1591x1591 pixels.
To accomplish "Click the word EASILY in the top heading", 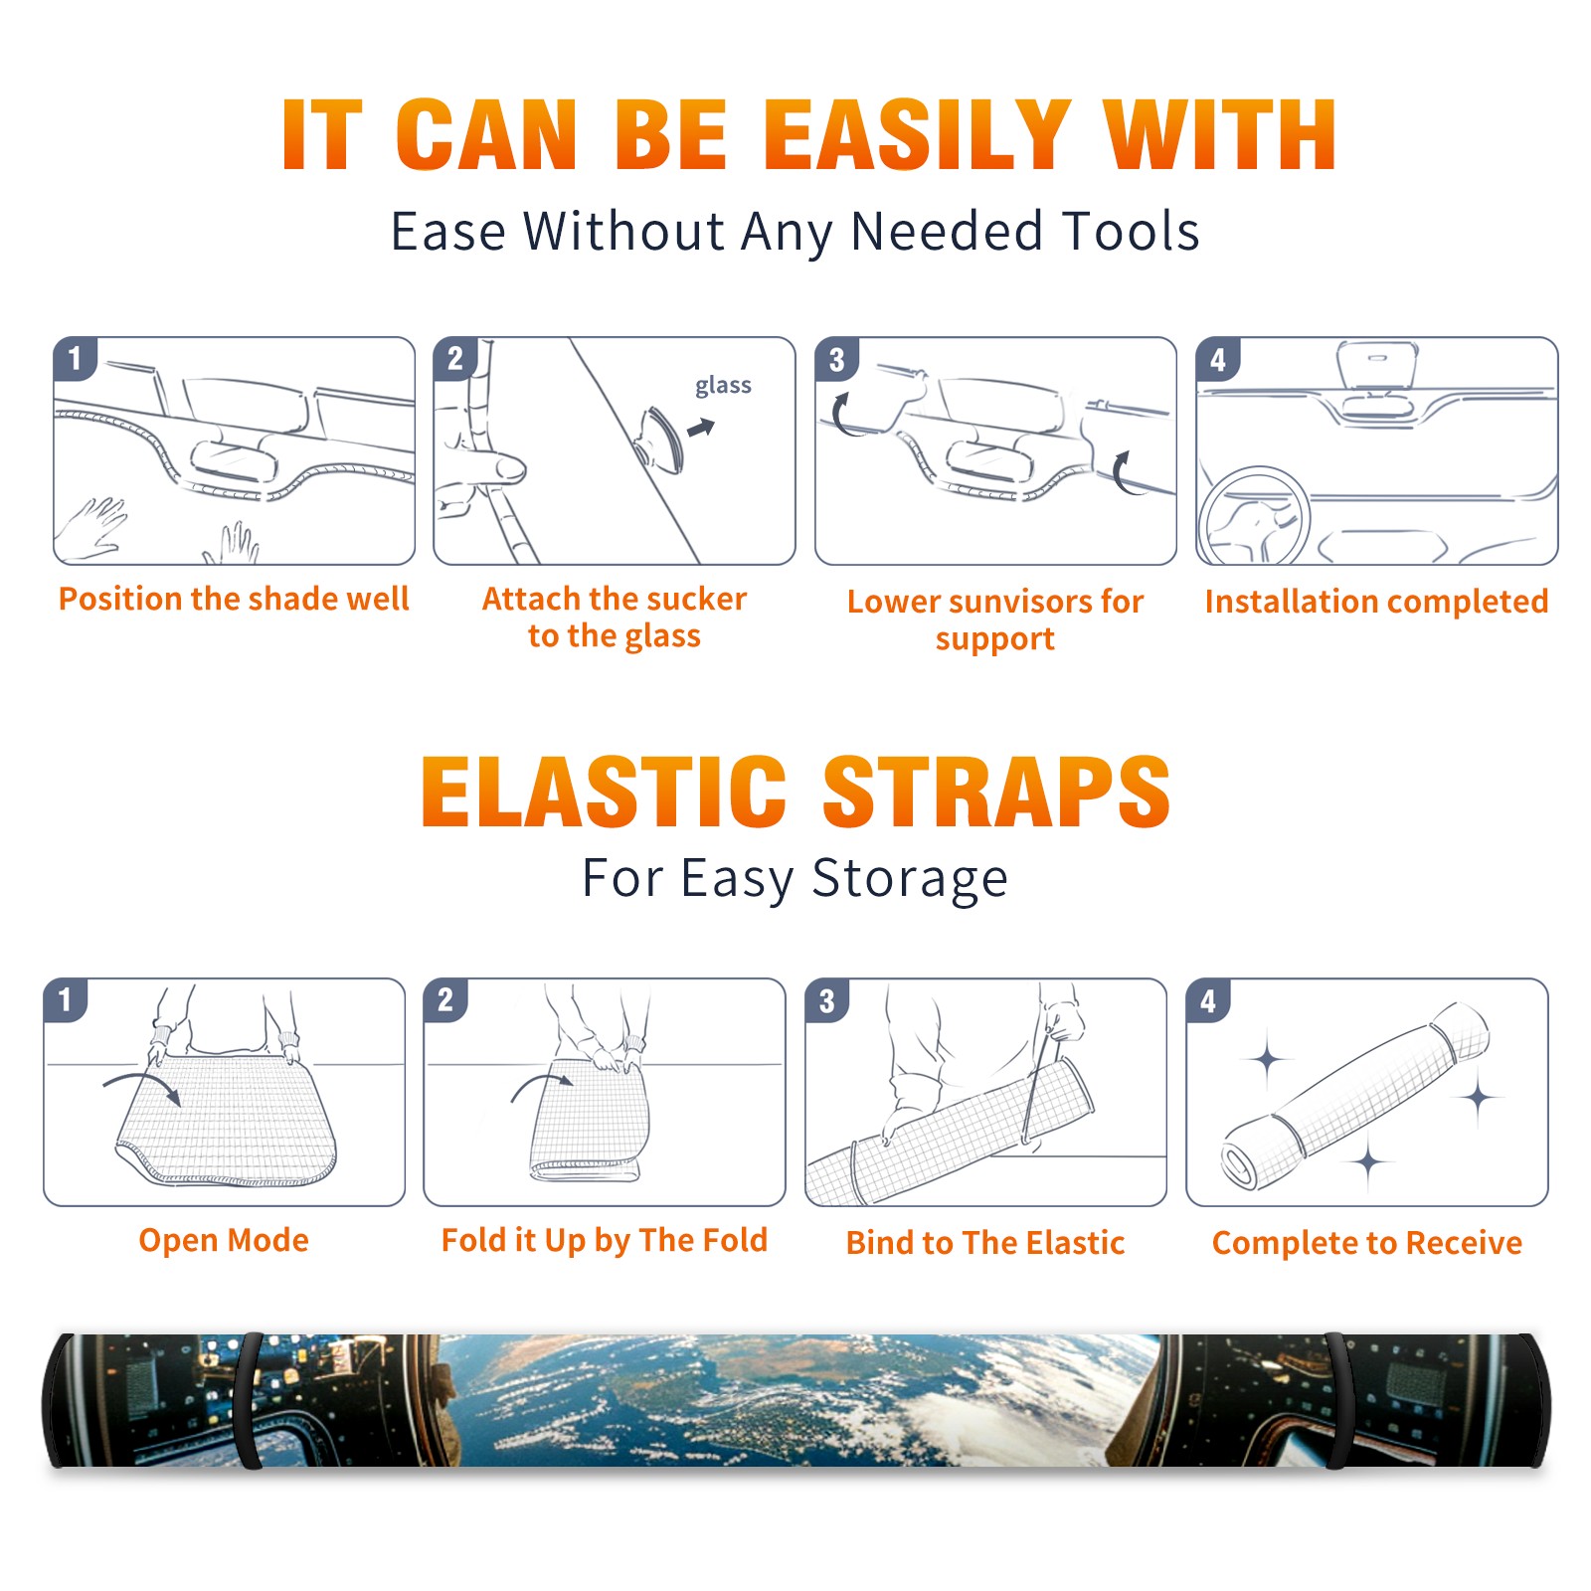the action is pos(917,135).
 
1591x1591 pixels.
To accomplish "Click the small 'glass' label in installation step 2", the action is pos(723,386).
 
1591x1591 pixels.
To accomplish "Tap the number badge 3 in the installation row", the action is pos(836,360).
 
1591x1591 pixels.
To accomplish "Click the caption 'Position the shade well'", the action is pos(234,599).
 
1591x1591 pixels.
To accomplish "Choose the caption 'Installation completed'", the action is pos(1376,602).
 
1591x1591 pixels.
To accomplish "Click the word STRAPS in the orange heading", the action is pos(996,792).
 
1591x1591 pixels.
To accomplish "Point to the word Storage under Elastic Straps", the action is pos(910,880).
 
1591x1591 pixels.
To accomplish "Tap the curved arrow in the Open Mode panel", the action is pos(143,1081).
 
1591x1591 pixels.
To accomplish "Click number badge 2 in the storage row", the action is pos(444,1000).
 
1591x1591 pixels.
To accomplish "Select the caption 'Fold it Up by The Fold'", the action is pos(605,1241).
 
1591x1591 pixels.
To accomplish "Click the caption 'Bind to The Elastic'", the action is pos(985,1243).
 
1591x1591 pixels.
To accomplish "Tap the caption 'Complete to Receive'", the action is pos(1367,1243).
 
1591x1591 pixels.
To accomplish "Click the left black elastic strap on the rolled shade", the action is pos(249,1400).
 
